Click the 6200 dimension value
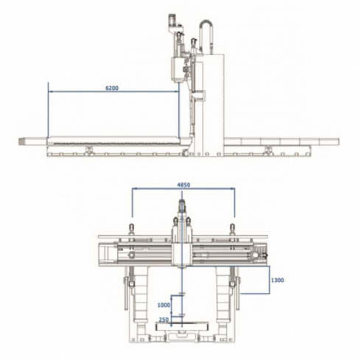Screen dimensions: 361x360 tap(112, 88)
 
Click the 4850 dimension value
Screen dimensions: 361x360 tap(183, 185)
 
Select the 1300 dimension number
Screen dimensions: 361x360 tap(278, 280)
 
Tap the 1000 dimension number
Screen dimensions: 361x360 tap(164, 305)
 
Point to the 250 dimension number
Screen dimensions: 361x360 tap(164, 320)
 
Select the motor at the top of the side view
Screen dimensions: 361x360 tap(172, 21)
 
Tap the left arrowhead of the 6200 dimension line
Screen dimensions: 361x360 tap(50, 91)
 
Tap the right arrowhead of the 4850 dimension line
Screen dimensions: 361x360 tap(233, 188)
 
